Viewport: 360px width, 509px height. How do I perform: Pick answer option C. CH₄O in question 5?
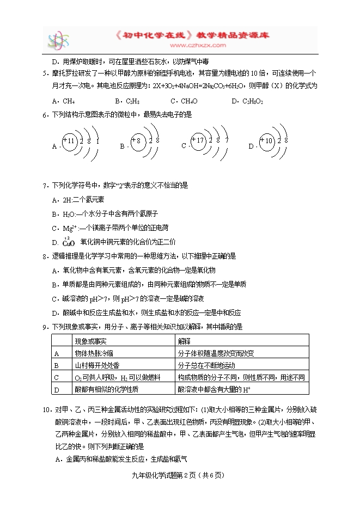pyautogui.click(x=184, y=101)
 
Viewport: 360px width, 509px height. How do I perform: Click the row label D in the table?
pyautogui.click(x=57, y=389)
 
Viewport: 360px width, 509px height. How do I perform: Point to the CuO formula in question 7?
pyautogui.click(x=69, y=242)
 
